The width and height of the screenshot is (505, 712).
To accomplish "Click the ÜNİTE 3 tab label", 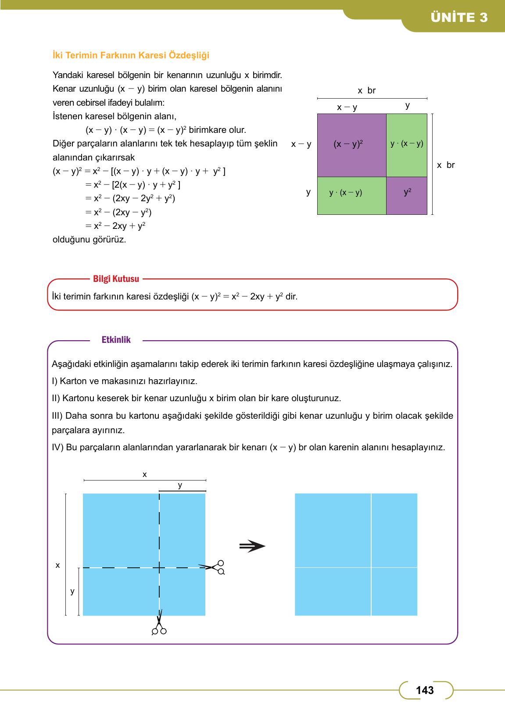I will pyautogui.click(x=459, y=18).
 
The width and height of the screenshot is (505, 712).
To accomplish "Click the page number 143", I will pyautogui.click(x=425, y=690).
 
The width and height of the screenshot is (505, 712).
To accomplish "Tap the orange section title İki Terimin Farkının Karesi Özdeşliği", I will pyautogui.click(x=131, y=56).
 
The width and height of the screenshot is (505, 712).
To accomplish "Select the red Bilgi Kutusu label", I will pyautogui.click(x=116, y=279).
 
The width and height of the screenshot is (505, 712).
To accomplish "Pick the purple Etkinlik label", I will pyautogui.click(x=116, y=340).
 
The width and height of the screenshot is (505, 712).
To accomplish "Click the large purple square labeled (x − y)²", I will pyautogui.click(x=351, y=145).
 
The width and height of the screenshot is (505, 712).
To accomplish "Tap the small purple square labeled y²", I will pyautogui.click(x=407, y=196).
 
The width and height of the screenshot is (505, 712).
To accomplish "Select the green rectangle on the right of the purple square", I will pyautogui.click(x=407, y=145).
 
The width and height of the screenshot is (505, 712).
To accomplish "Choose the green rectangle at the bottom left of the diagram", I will pyautogui.click(x=351, y=196).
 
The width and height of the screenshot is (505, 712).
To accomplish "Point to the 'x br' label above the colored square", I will pyautogui.click(x=366, y=91).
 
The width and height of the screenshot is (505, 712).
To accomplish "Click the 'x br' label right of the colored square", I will pyautogui.click(x=446, y=165).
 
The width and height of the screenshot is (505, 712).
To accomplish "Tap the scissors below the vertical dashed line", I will pyautogui.click(x=159, y=624).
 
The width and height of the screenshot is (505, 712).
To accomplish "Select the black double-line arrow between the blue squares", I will pyautogui.click(x=252, y=546).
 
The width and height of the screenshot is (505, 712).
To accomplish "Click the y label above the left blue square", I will pyautogui.click(x=180, y=485).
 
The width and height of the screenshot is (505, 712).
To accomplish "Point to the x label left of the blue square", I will pyautogui.click(x=57, y=566).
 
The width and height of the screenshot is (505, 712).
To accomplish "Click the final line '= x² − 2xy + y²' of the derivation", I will pyautogui.click(x=115, y=226).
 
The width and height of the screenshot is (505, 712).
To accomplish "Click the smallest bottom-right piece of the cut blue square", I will pyautogui.click(x=394, y=591).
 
